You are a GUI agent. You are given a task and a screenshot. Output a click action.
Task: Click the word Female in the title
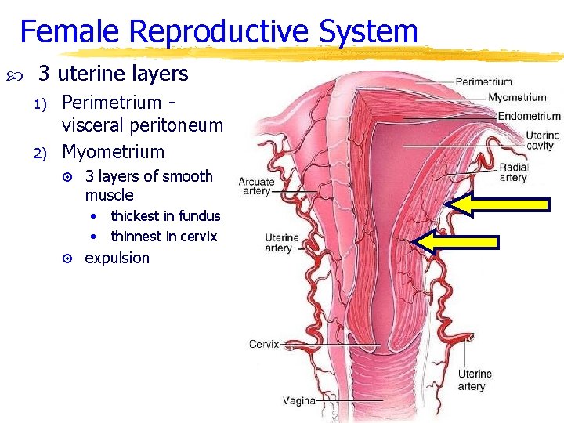coord(69,32)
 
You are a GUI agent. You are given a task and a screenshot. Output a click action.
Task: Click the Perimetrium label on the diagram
coord(483,81)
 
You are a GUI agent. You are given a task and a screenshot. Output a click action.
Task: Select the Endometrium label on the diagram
coord(530,116)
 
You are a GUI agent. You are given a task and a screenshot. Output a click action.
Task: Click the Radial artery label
coord(514,172)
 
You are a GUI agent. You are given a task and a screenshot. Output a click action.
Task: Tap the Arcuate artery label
coord(256,186)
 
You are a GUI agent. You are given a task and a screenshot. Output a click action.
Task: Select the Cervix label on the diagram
coord(264,344)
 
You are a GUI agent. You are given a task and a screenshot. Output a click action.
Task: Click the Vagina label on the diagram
coord(299,401)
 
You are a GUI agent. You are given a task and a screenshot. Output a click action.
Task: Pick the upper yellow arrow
coord(501,204)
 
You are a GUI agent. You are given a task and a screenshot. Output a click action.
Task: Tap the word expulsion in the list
coord(117,258)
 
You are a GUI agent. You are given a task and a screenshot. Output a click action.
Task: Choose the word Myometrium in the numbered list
coord(114,152)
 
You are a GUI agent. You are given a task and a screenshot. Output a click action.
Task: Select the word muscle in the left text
coord(109,195)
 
